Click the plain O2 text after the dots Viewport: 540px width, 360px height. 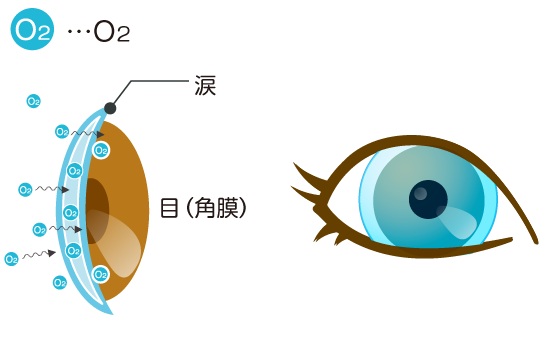[x=112, y=32]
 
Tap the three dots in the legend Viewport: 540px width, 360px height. [x=77, y=32]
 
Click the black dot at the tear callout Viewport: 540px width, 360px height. [x=110, y=107]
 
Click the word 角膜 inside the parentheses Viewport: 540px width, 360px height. [x=219, y=209]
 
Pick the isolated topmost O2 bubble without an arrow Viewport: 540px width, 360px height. [x=33, y=101]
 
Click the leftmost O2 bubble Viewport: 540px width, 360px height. [x=11, y=259]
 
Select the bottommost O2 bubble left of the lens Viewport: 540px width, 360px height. [x=60, y=282]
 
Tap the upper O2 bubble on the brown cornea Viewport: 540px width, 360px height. [x=100, y=150]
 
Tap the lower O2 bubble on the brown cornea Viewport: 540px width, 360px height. [x=100, y=274]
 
